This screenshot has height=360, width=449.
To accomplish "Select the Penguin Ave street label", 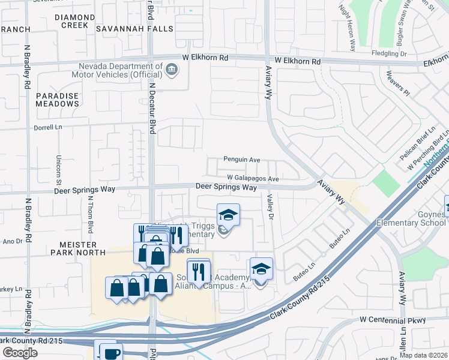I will click(x=241, y=160).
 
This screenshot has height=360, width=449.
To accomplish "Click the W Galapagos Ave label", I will click(x=253, y=179).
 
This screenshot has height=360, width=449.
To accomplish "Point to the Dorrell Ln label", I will click(x=49, y=127).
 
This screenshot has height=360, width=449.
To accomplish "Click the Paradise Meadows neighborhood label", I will click(x=57, y=100).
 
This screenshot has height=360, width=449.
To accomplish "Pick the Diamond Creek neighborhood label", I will click(x=75, y=22).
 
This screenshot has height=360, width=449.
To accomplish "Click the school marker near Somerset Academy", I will click(x=261, y=268).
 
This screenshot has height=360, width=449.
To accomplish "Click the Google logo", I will click(x=20, y=353).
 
